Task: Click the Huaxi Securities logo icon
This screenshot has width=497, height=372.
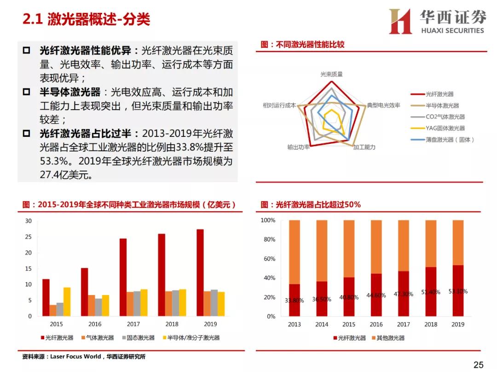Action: tap(400, 22)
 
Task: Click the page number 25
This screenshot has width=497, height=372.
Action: tap(478, 365)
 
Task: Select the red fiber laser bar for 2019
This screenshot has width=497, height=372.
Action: tap(200, 272)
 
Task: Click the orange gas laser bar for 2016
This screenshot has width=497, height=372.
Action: tap(92, 305)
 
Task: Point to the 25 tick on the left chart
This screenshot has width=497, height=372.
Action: tap(29, 237)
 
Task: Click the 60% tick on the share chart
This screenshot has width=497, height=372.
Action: tap(268, 259)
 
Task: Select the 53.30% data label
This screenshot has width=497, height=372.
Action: tap(458, 291)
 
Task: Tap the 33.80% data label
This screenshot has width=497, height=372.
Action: tap(294, 301)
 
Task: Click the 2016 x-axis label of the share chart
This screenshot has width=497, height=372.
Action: tap(376, 325)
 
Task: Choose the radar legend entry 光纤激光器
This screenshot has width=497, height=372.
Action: tap(439, 94)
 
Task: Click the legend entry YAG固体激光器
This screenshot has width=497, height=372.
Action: tap(445, 128)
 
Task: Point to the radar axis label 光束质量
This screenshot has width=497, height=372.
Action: tap(331, 74)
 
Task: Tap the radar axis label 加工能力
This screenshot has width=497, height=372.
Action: tap(364, 147)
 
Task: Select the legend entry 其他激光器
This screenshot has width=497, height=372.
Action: tap(390, 338)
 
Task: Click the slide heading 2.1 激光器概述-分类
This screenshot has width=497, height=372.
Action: tap(87, 19)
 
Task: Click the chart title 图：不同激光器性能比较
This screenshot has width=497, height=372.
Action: tap(302, 45)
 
